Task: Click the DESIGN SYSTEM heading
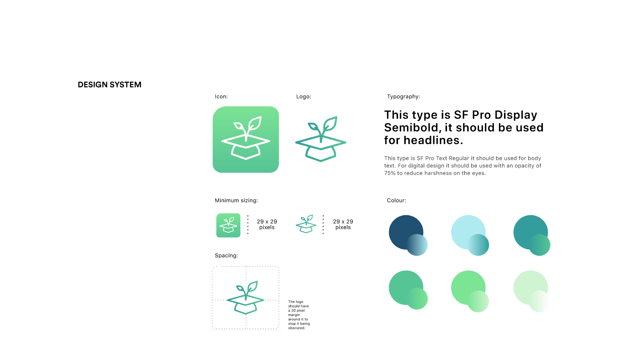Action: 110,85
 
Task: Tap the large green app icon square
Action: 246,139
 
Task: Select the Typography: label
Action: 403,97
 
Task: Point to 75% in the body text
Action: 390,173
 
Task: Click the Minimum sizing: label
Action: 236,201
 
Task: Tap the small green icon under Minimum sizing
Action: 228,225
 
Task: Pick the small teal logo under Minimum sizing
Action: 306,224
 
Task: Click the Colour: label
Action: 397,201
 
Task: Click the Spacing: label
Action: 226,256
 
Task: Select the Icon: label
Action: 221,97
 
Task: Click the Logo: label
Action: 304,97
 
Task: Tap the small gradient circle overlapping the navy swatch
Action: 417,245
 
